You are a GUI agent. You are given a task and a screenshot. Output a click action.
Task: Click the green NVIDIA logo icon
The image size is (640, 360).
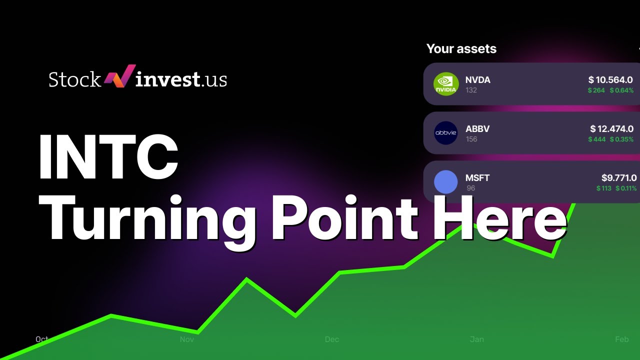(445, 84)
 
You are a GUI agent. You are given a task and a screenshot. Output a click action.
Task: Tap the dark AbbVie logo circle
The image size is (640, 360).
(445, 133)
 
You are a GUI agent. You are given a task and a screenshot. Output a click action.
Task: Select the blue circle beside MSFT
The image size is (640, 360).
(445, 182)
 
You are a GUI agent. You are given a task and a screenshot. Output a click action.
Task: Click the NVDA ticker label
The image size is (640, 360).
(477, 79)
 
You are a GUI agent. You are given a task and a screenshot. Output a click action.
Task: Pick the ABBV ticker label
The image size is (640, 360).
(477, 128)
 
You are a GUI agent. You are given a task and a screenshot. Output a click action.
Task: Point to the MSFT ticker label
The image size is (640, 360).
(477, 177)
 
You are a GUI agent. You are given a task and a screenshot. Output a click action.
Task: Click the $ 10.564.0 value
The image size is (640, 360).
(610, 79)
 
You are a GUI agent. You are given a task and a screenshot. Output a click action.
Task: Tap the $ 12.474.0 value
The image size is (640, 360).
(611, 128)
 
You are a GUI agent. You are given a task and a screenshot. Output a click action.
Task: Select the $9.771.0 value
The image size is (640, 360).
(619, 177)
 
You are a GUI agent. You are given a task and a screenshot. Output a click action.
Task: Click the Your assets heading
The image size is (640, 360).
(461, 48)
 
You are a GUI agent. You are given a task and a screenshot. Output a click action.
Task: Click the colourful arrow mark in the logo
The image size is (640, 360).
(119, 77)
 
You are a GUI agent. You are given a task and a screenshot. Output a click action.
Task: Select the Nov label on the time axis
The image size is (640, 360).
(186, 339)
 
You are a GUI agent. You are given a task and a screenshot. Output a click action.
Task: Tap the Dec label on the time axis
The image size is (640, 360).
(331, 339)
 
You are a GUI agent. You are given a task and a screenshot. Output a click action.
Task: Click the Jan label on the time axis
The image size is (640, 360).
(476, 339)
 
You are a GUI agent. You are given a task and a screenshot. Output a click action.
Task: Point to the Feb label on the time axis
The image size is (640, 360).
(621, 339)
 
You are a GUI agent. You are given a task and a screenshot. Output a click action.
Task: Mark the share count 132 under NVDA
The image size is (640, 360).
(470, 90)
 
